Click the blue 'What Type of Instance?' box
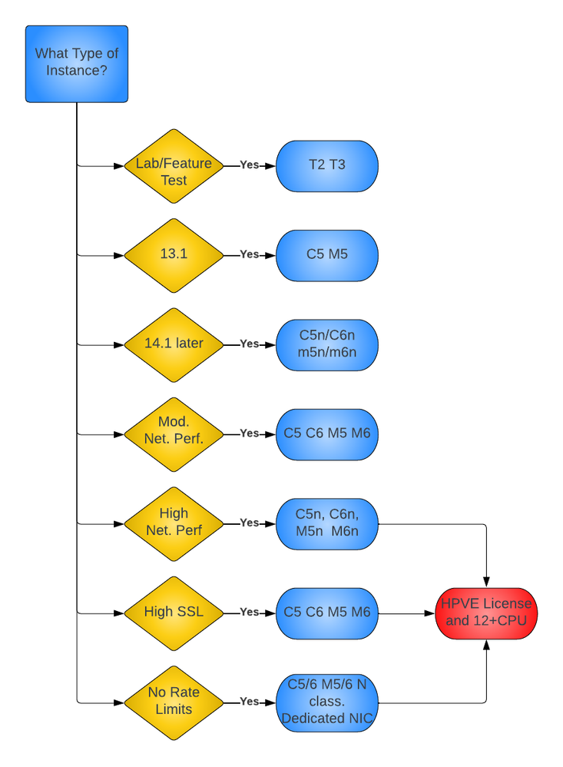(77, 64)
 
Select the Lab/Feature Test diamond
(174, 165)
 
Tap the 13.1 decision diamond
(174, 254)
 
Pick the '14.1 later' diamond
(174, 344)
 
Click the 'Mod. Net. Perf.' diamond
(174, 433)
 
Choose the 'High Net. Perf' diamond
(174, 523)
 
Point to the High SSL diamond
(174, 613)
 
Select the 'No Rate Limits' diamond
(174, 702)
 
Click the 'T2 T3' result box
(327, 165)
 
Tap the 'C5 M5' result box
(327, 254)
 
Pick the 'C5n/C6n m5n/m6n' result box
(327, 344)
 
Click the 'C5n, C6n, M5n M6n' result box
(327, 523)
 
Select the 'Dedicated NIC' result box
(327, 702)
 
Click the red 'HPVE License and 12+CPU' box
(486, 613)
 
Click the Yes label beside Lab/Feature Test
(249, 165)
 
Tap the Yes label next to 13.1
(249, 254)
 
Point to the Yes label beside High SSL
(249, 613)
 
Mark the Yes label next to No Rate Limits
(249, 702)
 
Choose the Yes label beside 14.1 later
(249, 344)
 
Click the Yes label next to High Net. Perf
(249, 523)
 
